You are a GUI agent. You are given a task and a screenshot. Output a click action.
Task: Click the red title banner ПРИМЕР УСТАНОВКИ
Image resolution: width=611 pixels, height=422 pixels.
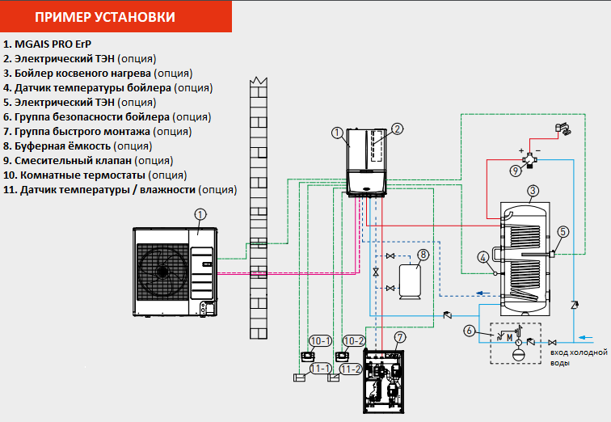[x=116, y=16]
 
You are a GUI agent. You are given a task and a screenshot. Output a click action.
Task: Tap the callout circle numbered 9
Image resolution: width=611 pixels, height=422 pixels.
[x=516, y=171]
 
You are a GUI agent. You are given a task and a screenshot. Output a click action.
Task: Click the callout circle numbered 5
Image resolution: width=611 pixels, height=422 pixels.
[x=563, y=231]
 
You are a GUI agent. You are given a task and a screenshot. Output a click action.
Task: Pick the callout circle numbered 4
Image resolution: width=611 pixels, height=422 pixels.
[x=483, y=258]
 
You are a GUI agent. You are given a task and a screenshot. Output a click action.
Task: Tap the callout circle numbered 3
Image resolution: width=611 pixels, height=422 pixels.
[x=532, y=192]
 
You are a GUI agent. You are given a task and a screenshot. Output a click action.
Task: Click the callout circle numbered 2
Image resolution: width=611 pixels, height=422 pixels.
[x=397, y=129]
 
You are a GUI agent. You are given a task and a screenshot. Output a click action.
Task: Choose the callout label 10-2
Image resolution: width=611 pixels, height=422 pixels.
[x=352, y=341]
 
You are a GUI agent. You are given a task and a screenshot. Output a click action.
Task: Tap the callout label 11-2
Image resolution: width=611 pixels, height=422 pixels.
[x=352, y=369]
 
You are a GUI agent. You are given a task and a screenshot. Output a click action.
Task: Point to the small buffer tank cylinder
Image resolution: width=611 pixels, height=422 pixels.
[x=413, y=280]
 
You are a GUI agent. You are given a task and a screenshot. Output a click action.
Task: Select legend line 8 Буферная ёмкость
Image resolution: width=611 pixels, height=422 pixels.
[x=78, y=146]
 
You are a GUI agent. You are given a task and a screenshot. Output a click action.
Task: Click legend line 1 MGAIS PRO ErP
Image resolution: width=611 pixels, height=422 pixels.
[x=48, y=44]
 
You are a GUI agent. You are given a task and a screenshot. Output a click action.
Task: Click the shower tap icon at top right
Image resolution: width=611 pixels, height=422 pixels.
[x=563, y=129]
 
